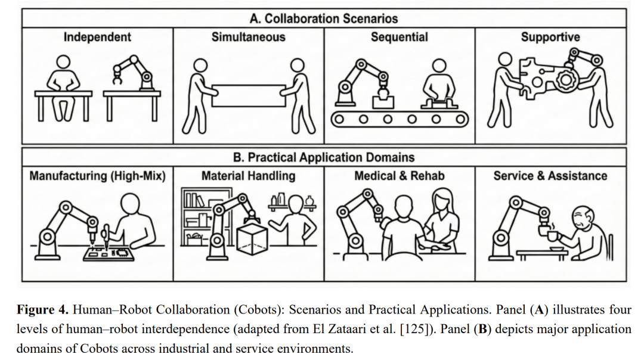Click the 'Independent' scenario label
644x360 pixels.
coord(97,38)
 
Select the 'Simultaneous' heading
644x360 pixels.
coord(248,37)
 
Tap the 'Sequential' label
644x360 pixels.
coord(399,37)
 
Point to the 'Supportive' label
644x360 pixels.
coord(550,38)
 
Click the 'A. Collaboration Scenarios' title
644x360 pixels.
coord(324,18)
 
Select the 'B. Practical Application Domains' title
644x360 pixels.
coord(324,157)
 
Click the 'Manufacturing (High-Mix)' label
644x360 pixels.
coord(97,176)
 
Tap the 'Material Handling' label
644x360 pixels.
coord(248,176)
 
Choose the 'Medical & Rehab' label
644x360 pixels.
coord(399,176)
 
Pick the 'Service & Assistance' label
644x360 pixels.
coord(550,176)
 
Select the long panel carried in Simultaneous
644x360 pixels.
coord(248,95)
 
